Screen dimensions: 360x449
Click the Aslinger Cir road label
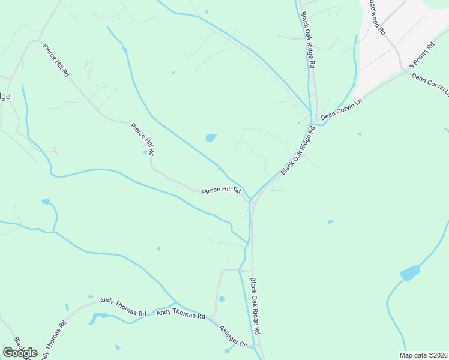(x=234, y=337)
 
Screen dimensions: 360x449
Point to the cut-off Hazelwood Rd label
(x=378, y=16)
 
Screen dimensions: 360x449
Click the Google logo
(x=20, y=353)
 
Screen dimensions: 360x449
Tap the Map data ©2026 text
(x=423, y=355)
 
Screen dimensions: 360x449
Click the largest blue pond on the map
(x=410, y=273)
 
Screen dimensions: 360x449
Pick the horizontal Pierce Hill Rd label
(x=221, y=191)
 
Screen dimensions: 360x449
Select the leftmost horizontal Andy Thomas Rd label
(x=123, y=307)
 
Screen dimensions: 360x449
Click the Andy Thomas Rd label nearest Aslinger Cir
(x=181, y=313)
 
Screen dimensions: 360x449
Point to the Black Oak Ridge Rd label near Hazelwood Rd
(x=308, y=39)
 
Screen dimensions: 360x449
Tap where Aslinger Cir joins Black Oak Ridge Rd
(x=256, y=346)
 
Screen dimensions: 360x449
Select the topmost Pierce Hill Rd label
(x=56, y=59)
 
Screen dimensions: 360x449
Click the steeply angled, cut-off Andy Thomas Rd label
(x=52, y=340)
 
